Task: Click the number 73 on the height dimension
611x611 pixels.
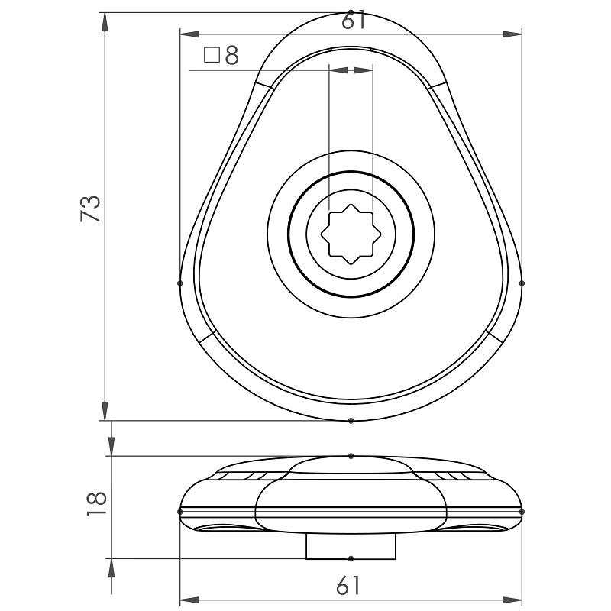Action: (91, 209)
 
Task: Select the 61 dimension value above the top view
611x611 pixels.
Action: (353, 21)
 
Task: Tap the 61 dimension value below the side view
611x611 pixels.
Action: (348, 586)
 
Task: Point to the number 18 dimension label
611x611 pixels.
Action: (96, 505)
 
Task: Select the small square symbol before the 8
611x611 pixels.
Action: (212, 55)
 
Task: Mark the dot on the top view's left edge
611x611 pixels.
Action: (180, 283)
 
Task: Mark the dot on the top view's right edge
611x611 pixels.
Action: (522, 283)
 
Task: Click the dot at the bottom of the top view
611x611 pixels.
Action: (351, 420)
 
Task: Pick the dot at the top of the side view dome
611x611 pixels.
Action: (351, 456)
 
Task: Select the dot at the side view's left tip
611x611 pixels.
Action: (180, 511)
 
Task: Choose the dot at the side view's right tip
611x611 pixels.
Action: (522, 511)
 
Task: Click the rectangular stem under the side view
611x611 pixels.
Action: (351, 545)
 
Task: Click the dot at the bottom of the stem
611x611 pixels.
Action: (351, 558)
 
